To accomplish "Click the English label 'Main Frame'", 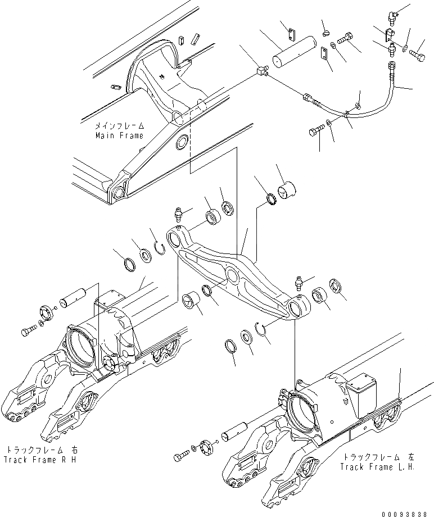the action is point(120,135).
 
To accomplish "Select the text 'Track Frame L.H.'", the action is point(378,467).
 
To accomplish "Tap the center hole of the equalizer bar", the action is point(231,276).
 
